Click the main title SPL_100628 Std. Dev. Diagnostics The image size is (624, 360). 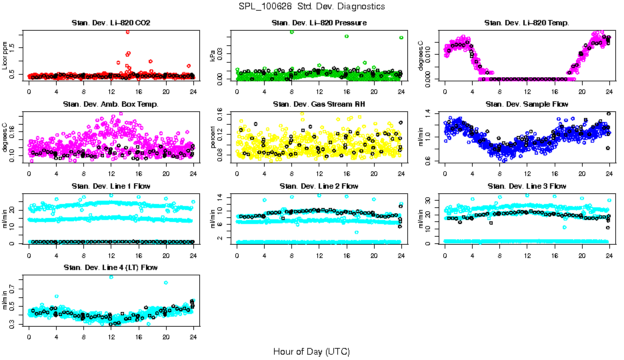[x=311, y=7]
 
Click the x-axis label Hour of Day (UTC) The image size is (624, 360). [x=311, y=351]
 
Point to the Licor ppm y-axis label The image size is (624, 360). [x=5, y=56]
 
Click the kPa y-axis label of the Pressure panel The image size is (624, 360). [x=213, y=57]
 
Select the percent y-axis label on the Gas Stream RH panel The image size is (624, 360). [x=213, y=137]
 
